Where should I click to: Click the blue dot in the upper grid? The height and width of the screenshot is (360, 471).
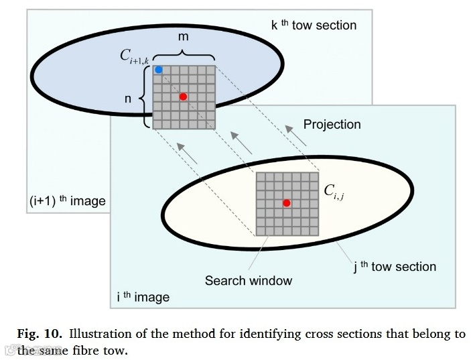tap(158, 69)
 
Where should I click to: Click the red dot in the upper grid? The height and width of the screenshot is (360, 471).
tap(183, 97)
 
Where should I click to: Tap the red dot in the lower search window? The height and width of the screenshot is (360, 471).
tap(286, 202)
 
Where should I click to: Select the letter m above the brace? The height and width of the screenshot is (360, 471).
tap(183, 37)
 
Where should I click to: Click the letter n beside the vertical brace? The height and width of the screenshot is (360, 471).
tap(128, 99)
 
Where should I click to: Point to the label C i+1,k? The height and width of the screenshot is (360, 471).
tap(137, 57)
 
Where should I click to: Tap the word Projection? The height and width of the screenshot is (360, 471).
tap(332, 124)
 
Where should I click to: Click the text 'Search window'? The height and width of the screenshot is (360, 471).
tap(249, 280)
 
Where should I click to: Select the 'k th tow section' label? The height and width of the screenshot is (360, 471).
tap(314, 25)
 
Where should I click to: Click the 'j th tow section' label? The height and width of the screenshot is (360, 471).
tap(395, 266)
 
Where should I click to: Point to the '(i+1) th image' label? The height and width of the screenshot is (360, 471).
tap(67, 201)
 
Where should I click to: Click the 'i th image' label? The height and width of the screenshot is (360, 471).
tap(143, 296)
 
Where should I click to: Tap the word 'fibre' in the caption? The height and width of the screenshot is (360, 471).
tap(93, 349)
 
